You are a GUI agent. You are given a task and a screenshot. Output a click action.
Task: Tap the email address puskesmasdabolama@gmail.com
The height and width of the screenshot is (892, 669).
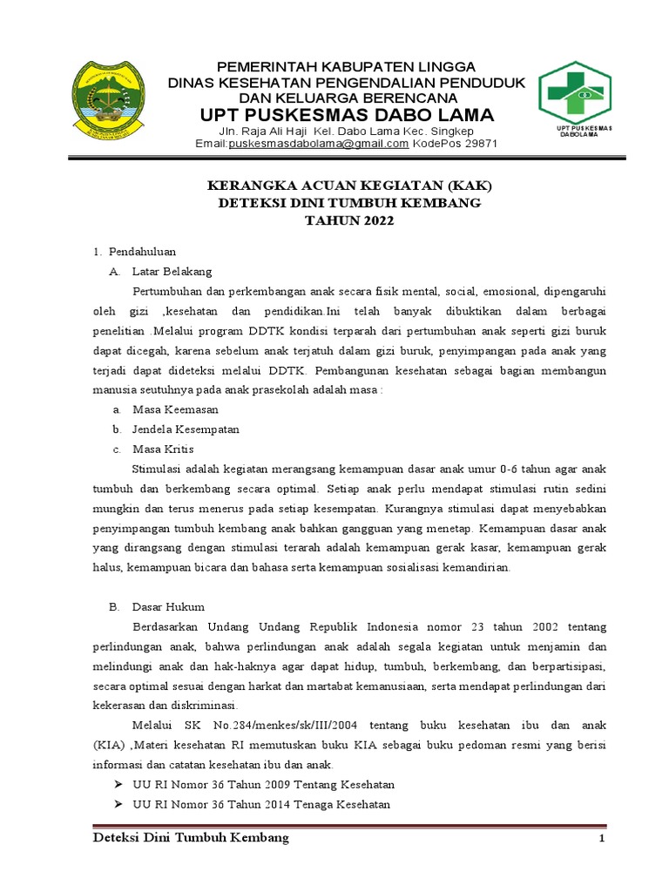(318, 144)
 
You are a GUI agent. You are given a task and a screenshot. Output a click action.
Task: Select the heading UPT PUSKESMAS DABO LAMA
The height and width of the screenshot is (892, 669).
(347, 116)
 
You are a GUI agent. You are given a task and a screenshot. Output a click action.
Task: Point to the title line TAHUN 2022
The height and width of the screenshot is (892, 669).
(348, 221)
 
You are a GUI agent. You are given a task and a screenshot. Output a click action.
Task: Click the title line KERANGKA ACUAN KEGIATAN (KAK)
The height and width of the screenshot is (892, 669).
(348, 186)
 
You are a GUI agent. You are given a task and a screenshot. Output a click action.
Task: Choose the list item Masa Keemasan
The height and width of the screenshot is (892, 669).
(175, 409)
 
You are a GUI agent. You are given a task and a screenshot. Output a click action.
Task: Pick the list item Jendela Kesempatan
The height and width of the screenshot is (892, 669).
(186, 429)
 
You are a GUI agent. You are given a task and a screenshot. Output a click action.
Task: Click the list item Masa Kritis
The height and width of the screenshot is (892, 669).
(163, 449)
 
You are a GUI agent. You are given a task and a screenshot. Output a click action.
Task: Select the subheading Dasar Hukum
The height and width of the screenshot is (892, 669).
(168, 607)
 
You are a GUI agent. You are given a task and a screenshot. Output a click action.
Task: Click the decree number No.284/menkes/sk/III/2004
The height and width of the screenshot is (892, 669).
(286, 725)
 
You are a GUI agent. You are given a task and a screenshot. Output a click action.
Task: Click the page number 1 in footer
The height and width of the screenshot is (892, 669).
(600, 839)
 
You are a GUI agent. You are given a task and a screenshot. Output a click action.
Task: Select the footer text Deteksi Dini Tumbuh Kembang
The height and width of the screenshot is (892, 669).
(191, 838)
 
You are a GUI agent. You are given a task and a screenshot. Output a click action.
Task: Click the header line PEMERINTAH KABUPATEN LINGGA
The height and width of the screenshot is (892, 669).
(346, 67)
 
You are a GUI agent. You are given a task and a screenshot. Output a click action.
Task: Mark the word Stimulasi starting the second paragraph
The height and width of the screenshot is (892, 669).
(157, 470)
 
